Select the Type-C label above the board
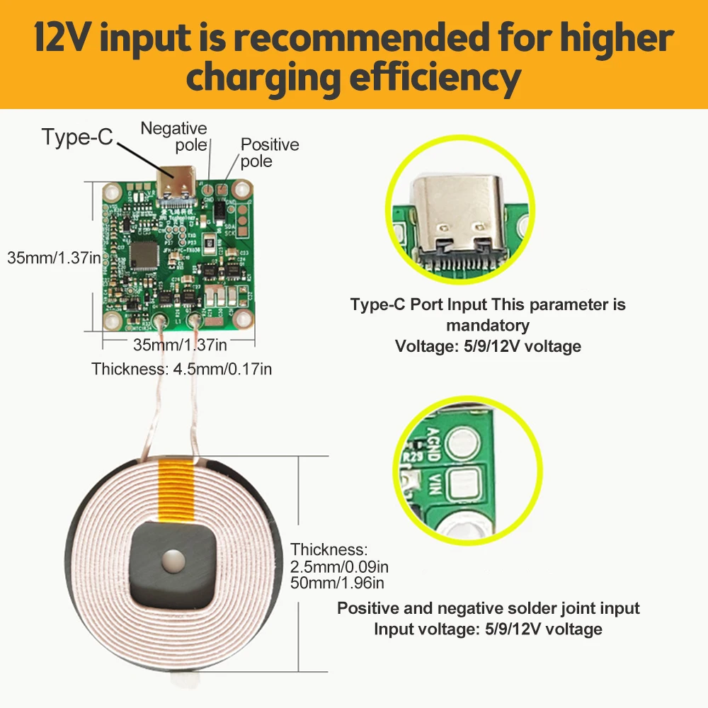77,137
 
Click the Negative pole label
174,136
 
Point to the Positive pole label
270,152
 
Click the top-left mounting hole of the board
112,190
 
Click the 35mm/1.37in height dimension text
54,258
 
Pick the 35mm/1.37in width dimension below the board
180,345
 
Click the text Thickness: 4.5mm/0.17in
182,368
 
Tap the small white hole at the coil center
171,562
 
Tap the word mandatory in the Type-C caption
488,326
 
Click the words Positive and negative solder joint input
488,608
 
